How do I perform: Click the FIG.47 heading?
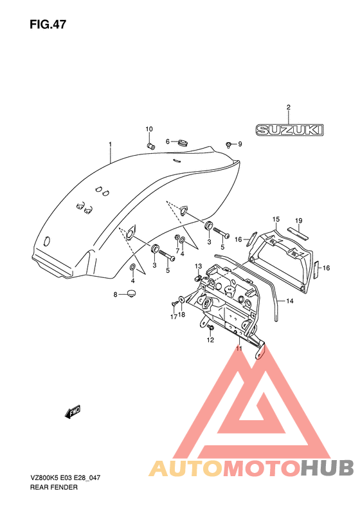(x=48, y=24)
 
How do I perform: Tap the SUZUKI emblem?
(x=289, y=130)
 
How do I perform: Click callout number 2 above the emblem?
(x=289, y=107)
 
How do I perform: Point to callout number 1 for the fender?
(x=111, y=143)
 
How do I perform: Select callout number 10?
(x=149, y=129)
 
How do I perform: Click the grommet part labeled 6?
(x=184, y=142)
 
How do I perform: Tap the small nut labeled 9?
(x=229, y=143)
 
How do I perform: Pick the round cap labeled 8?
(x=130, y=293)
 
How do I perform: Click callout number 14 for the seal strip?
(x=290, y=301)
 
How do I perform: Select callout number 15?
(x=276, y=219)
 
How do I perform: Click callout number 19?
(x=299, y=221)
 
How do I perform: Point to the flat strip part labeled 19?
(x=298, y=234)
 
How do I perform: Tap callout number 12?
(x=210, y=340)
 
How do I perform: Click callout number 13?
(x=198, y=266)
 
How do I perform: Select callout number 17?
(x=174, y=317)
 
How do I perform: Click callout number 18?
(x=182, y=315)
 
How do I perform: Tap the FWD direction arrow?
(x=73, y=412)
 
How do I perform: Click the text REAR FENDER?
(x=54, y=487)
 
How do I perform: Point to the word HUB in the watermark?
(x=327, y=468)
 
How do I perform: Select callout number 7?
(x=177, y=250)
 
